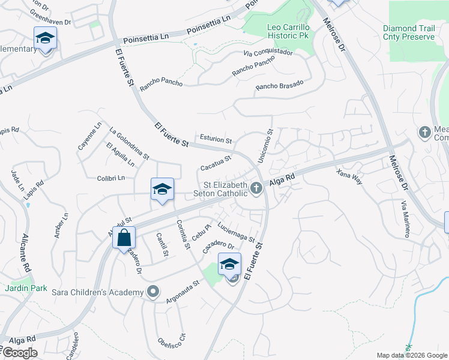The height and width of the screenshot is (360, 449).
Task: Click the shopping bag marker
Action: pyautogui.click(x=124, y=238)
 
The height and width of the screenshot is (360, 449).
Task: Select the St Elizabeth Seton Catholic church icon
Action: pyautogui.click(x=256, y=188)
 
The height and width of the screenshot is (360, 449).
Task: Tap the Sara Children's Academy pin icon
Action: pyautogui.click(x=153, y=292)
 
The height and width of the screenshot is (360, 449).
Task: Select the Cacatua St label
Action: pyautogui.click(x=215, y=163)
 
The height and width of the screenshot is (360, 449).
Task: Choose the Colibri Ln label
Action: pyautogui.click(x=111, y=178)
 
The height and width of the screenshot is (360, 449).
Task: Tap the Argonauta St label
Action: pyautogui.click(x=183, y=290)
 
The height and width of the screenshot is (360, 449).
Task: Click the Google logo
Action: pyautogui.click(x=20, y=353)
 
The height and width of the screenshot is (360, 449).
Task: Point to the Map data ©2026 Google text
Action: pyautogui.click(x=412, y=355)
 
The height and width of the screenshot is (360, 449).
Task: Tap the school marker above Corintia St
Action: pyautogui.click(x=162, y=190)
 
